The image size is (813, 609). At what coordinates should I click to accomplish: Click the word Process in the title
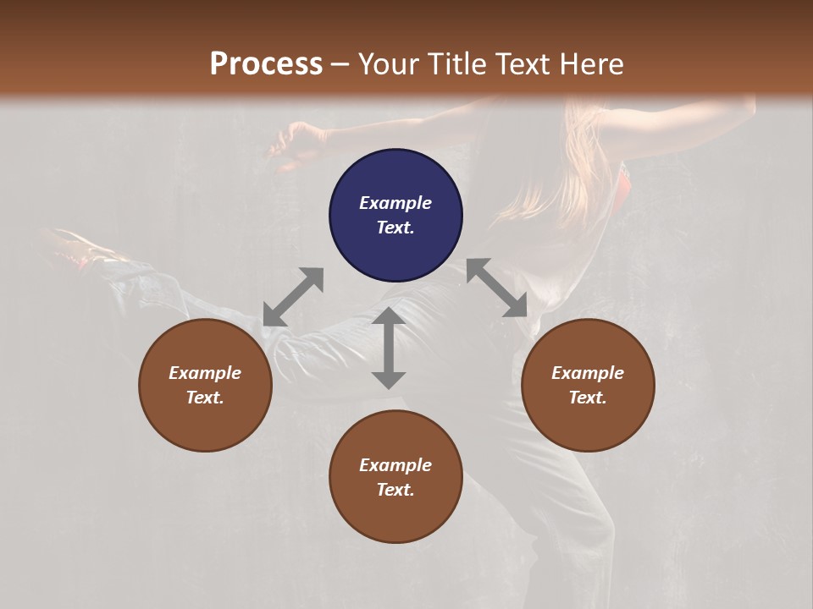click(266, 64)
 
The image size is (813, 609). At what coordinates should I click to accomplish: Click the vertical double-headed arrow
click(388, 348)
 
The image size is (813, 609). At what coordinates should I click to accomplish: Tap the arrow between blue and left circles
click(293, 297)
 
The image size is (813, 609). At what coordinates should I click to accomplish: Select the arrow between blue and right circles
click(497, 288)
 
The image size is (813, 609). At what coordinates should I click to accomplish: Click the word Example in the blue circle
click(395, 203)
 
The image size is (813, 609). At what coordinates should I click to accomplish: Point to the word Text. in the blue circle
click(395, 228)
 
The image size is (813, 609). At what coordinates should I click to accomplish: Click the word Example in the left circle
click(205, 373)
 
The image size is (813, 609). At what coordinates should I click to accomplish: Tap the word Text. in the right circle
click(588, 398)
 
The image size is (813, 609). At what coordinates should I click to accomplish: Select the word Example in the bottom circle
click(395, 465)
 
